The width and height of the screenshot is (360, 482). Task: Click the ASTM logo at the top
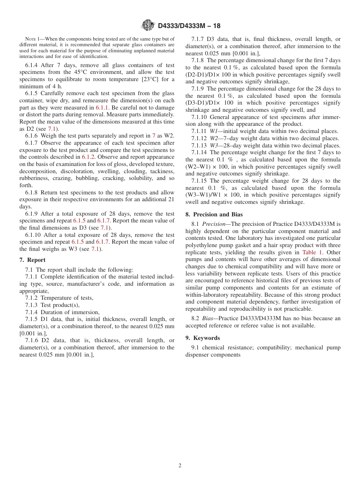click(x=148, y=25)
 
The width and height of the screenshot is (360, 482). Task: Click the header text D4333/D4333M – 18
click(x=189, y=26)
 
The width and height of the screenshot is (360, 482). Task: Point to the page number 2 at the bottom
click(x=180, y=466)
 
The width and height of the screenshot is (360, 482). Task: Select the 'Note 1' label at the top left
click(x=33, y=39)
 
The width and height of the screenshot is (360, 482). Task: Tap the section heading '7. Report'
click(x=33, y=260)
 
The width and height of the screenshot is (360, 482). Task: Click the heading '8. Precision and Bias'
click(x=214, y=214)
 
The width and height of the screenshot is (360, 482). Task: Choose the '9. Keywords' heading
click(x=202, y=338)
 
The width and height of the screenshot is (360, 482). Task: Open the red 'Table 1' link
click(x=312, y=252)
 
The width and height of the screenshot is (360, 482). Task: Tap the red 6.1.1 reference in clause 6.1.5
click(x=102, y=107)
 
